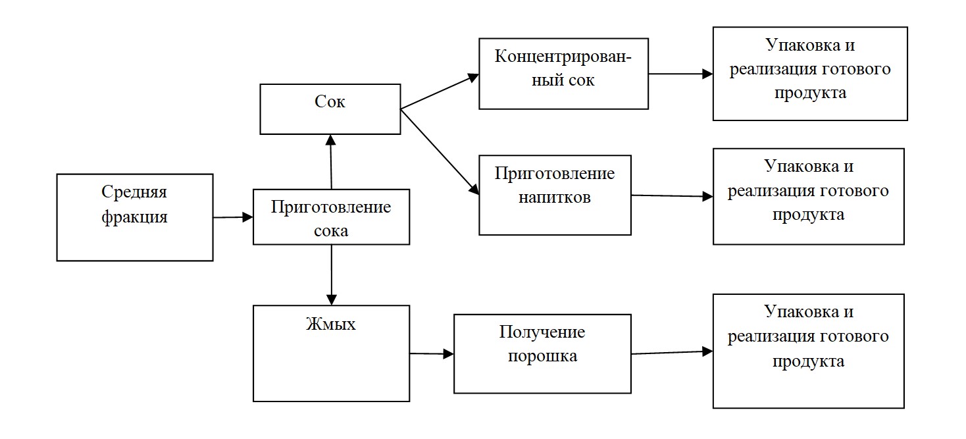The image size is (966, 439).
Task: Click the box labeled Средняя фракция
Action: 134,217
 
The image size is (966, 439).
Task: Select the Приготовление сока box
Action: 331,217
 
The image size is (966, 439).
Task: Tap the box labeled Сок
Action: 330,109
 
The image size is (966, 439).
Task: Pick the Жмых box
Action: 331,353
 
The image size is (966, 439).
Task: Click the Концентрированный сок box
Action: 563,73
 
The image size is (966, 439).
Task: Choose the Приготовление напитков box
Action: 555,195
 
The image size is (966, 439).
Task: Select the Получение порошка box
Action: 542,353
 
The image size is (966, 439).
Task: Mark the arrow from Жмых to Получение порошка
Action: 432,354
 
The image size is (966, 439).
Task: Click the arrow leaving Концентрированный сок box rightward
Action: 680,74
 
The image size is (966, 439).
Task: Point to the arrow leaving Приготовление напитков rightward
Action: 672,196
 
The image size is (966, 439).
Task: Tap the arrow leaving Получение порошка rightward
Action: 672,353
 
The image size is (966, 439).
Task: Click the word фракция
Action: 134,217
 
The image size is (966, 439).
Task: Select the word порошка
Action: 542,356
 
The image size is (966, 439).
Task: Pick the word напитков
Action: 555,197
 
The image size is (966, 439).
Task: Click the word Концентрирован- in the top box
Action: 563,55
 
